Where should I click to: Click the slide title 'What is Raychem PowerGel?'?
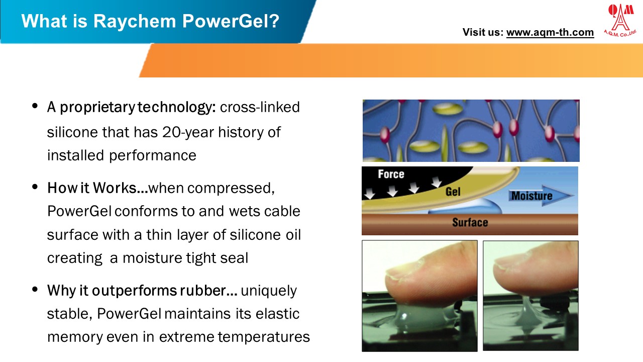coord(150,22)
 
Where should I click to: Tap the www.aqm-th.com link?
coord(550,33)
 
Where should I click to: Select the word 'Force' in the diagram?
coord(390,174)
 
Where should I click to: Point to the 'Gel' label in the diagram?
coord(453,192)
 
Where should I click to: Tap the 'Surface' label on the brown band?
coord(469,222)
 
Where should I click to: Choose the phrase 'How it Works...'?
coord(97,188)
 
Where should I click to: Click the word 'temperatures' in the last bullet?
coord(264,337)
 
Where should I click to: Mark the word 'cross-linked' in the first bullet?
coord(260,108)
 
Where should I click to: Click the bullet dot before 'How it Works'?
coord(35,187)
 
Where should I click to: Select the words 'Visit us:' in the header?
coord(482,33)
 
